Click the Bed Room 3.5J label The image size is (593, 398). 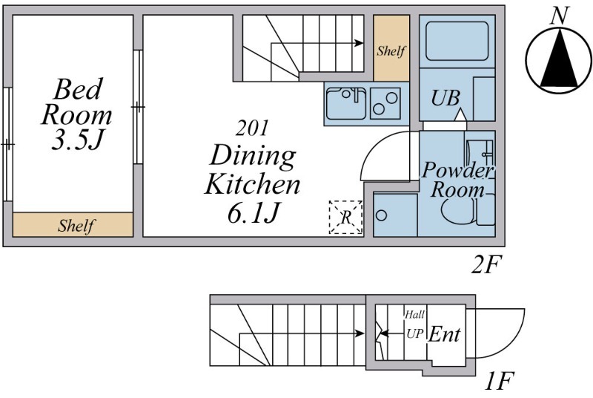click(77, 114)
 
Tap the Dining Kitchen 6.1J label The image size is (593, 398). click(252, 184)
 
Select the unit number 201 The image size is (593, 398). click(252, 128)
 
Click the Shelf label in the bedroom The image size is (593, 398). click(76, 226)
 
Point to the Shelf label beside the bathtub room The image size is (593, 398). click(391, 50)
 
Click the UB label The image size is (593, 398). click(445, 98)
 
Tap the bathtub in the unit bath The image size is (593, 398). click(457, 41)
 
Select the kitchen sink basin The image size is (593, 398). click(346, 103)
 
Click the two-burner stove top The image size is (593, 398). click(385, 103)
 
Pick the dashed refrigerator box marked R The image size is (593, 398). click(345, 217)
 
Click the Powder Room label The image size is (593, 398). click(457, 180)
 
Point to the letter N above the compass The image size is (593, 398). click(560, 16)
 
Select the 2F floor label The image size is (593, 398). click(487, 265)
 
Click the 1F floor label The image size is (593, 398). click(499, 381)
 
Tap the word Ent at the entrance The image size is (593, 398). click(444, 335)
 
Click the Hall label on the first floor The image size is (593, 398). click(415, 314)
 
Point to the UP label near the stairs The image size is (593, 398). click(415, 333)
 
